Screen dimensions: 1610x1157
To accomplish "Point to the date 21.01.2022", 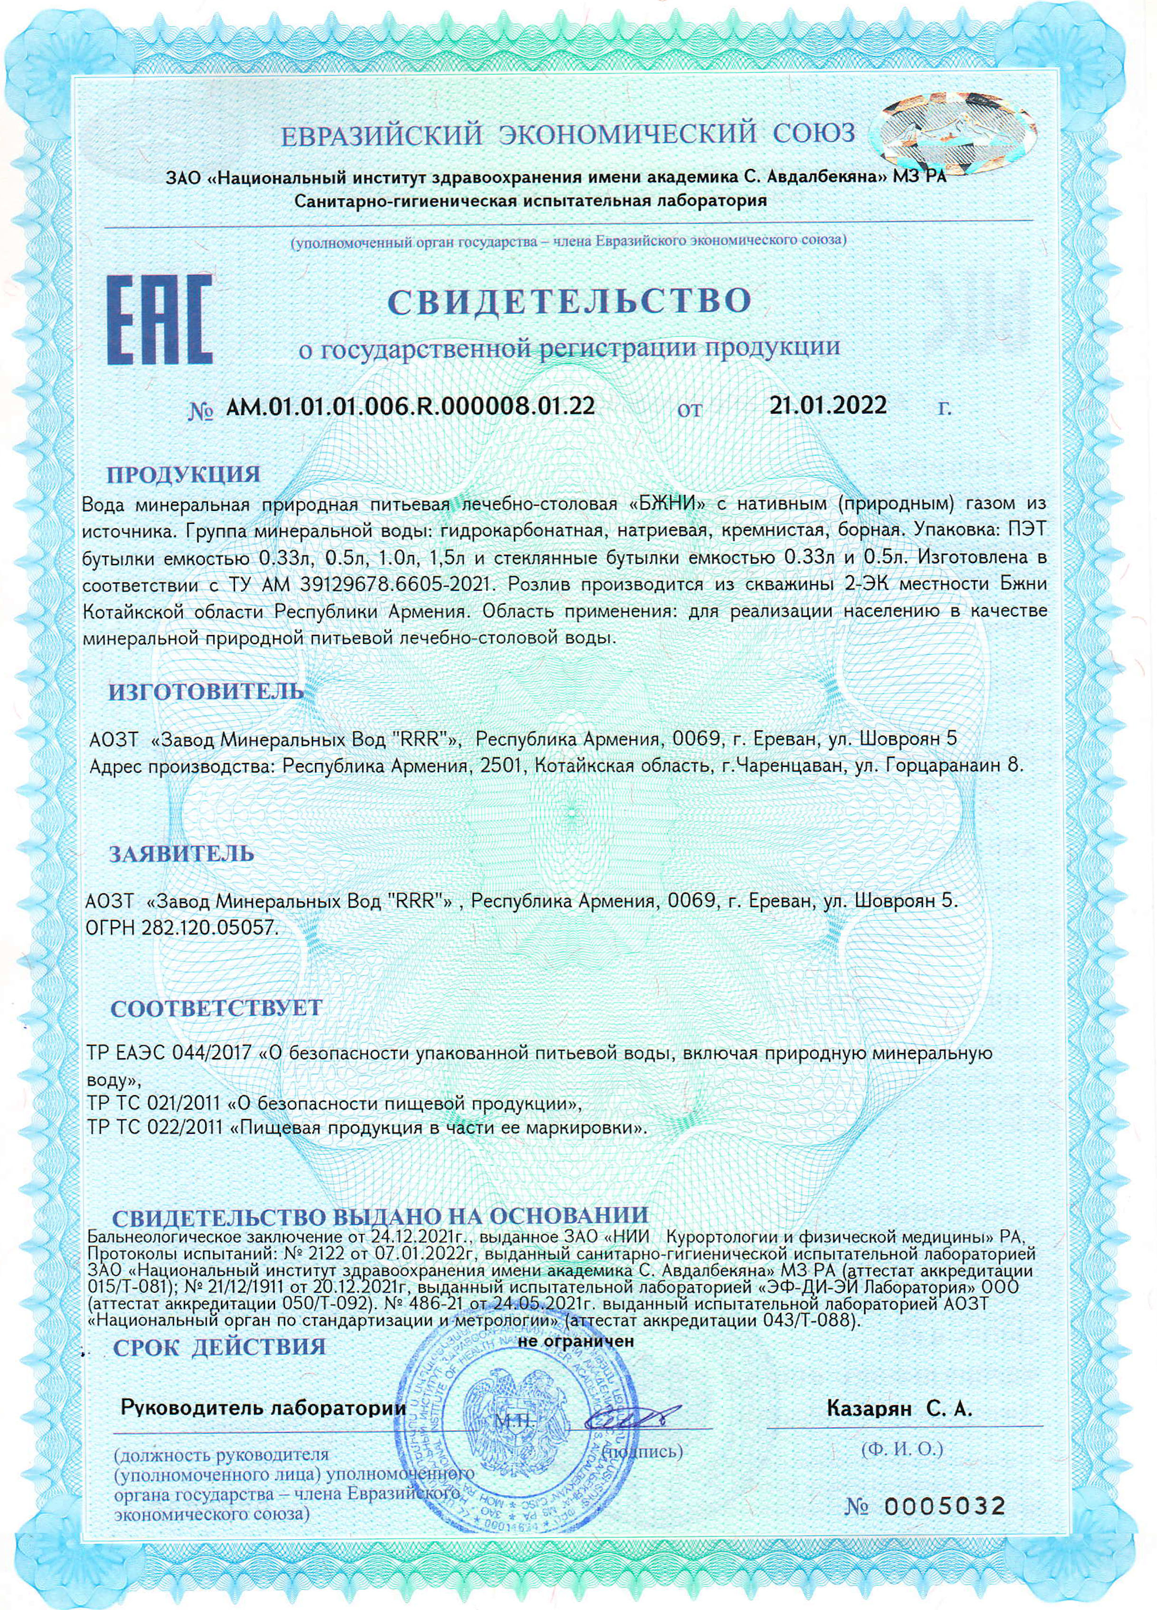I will click(828, 405).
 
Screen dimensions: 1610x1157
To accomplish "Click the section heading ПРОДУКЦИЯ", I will click(183, 474).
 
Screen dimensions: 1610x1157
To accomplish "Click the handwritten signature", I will click(629, 1399).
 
